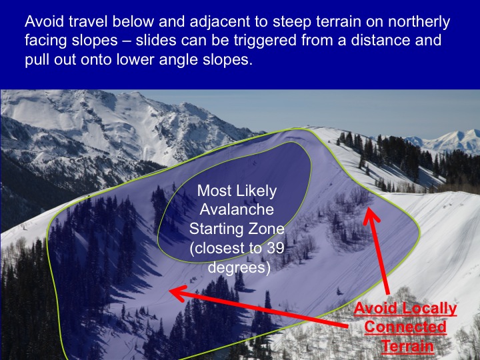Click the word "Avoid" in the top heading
coord(45,21)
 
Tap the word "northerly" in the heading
coord(419,22)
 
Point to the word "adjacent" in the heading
coord(224,22)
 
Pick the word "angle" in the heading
coord(178,60)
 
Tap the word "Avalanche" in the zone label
coord(237,209)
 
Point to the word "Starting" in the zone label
coord(217,229)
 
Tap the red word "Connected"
coord(405,327)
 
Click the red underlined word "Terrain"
coord(407,346)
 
